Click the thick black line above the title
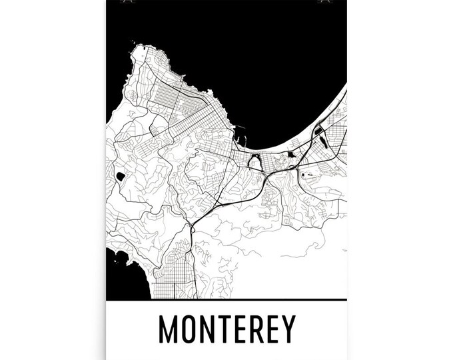[x=226, y=299]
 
